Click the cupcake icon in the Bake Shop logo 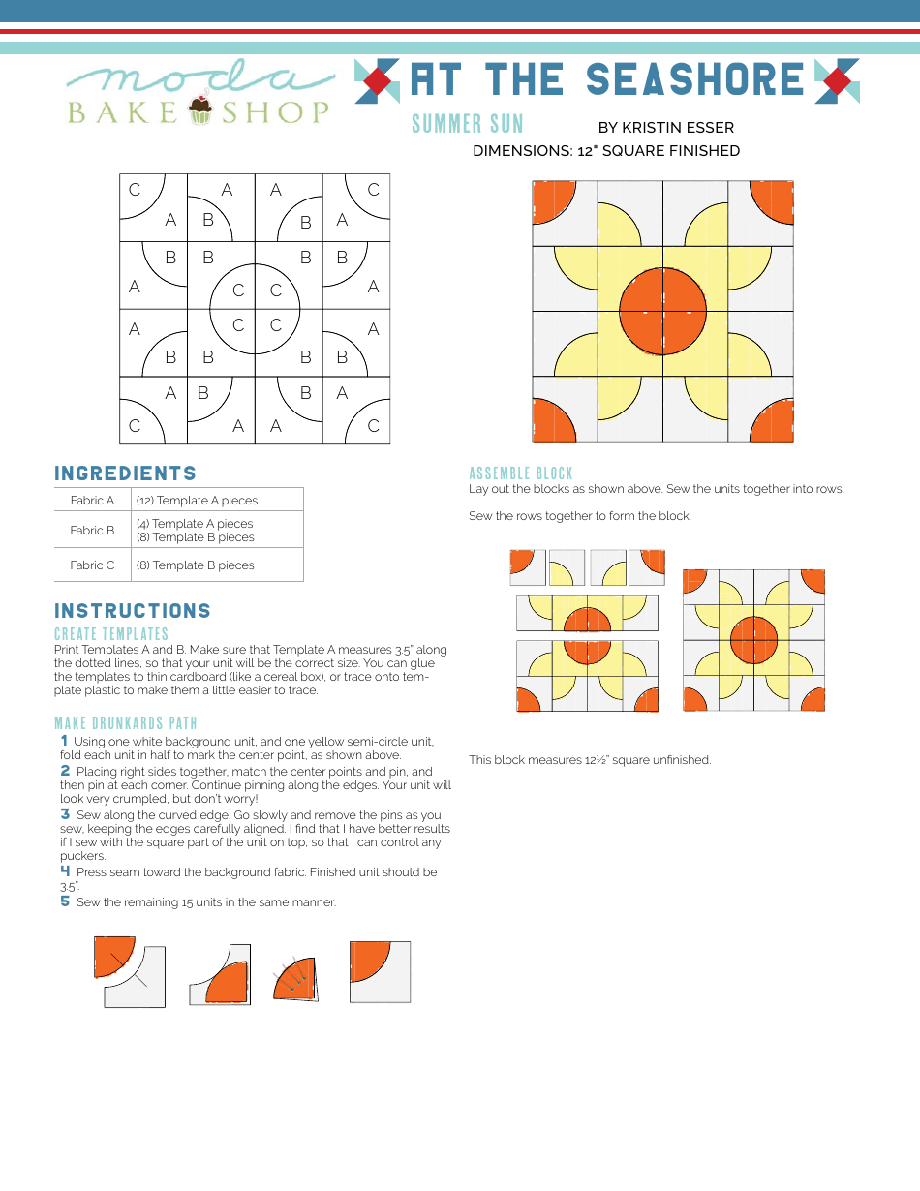(x=200, y=108)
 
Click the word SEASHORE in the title (x=695, y=80)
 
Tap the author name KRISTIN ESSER (x=665, y=127)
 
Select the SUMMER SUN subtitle (x=467, y=124)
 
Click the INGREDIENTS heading (x=126, y=473)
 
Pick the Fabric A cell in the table (x=92, y=501)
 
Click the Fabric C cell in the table (x=92, y=565)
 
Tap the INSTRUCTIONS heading (x=133, y=611)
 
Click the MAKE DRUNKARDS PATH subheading (x=126, y=723)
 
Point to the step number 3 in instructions (x=65, y=814)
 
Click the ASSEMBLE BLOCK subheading (x=521, y=473)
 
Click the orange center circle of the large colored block (x=662, y=312)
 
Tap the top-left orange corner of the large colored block (x=552, y=201)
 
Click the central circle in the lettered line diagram (x=255, y=309)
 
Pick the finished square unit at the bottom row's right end (x=380, y=971)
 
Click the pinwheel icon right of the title (x=837, y=80)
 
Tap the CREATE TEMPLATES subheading (x=111, y=634)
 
